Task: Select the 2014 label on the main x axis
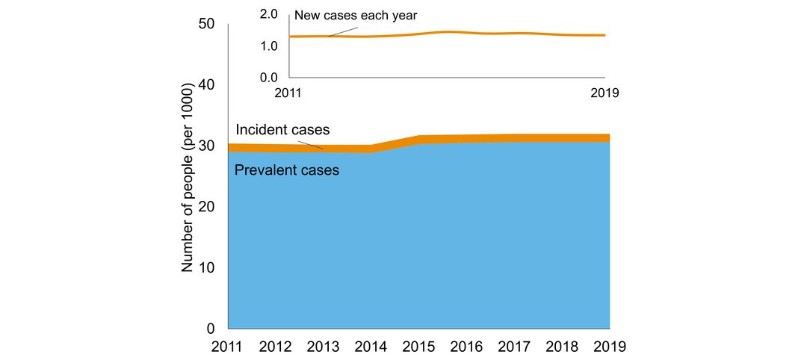click(371, 347)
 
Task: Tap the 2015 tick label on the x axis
click(419, 347)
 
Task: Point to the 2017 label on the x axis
click(515, 347)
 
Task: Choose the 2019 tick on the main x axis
click(610, 347)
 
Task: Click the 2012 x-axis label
click(276, 347)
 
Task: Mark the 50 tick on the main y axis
click(206, 24)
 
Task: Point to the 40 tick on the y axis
click(206, 85)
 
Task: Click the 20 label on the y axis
click(206, 207)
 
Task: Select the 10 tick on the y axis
click(206, 268)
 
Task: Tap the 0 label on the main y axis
click(211, 329)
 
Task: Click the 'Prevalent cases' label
click(287, 170)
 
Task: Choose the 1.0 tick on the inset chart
click(269, 46)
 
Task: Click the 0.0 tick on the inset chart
click(269, 77)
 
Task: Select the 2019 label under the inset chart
click(606, 93)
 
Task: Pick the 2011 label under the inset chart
click(289, 93)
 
